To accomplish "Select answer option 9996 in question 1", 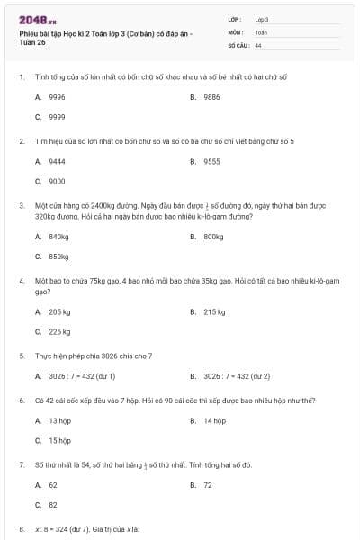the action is click(x=56, y=96).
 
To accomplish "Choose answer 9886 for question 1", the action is click(x=211, y=96).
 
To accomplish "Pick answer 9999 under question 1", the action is click(x=56, y=117).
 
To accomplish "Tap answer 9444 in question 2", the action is click(x=56, y=161).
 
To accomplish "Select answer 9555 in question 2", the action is click(x=211, y=161).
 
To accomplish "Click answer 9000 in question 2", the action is click(x=56, y=182).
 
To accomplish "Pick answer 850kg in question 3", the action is click(x=58, y=256).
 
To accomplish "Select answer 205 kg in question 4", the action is click(x=59, y=311).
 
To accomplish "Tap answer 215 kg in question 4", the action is click(x=214, y=311).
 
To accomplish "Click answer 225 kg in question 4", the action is click(x=59, y=332).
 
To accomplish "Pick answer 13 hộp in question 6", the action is click(x=59, y=420).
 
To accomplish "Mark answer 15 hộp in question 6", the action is click(x=59, y=441).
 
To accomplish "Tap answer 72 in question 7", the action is click(x=208, y=484).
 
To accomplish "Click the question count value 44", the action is click(x=258, y=44).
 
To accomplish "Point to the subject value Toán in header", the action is click(x=261, y=31).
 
